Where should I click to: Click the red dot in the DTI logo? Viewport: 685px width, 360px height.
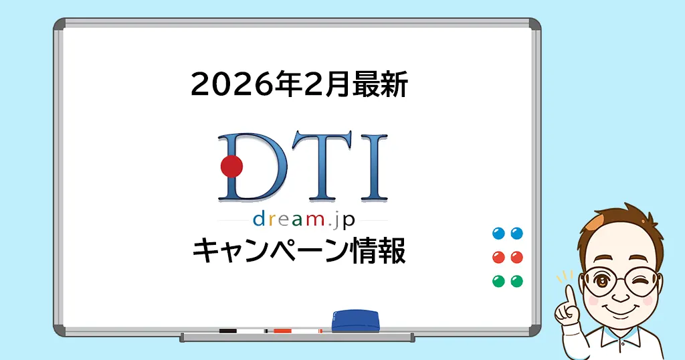[231, 167]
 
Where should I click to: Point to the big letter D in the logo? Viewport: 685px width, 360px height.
[252, 167]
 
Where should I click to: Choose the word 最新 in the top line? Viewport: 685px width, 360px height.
[380, 84]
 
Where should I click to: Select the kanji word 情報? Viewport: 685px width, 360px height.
[379, 251]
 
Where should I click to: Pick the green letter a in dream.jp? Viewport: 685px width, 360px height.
[297, 219]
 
